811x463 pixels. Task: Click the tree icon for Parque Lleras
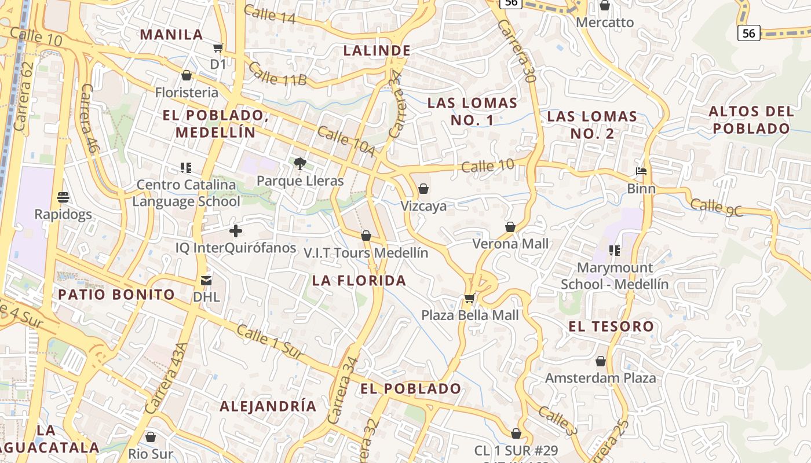point(299,164)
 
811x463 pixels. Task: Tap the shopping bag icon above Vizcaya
point(423,189)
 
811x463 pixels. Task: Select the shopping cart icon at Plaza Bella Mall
point(469,299)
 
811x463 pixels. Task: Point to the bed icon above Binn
point(641,171)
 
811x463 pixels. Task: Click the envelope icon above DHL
point(206,281)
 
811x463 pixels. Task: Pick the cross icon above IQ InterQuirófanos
point(235,231)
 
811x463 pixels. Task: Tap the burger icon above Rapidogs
point(63,197)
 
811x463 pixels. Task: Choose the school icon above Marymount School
point(615,251)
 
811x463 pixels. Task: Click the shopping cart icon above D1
point(218,47)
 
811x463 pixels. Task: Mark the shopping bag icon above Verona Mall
point(510,227)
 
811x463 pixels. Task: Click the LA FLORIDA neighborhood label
point(359,281)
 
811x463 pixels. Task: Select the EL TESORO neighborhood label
point(611,326)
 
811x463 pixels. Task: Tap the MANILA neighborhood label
point(171,34)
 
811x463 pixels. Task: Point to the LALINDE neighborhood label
point(377,50)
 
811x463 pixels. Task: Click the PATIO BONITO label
point(116,294)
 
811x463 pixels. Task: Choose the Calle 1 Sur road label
point(271,344)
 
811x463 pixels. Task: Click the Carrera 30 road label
point(514,51)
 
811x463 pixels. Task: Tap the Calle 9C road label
point(717,207)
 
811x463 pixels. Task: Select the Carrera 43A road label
point(167,377)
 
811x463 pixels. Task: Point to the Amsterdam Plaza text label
point(601,378)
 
